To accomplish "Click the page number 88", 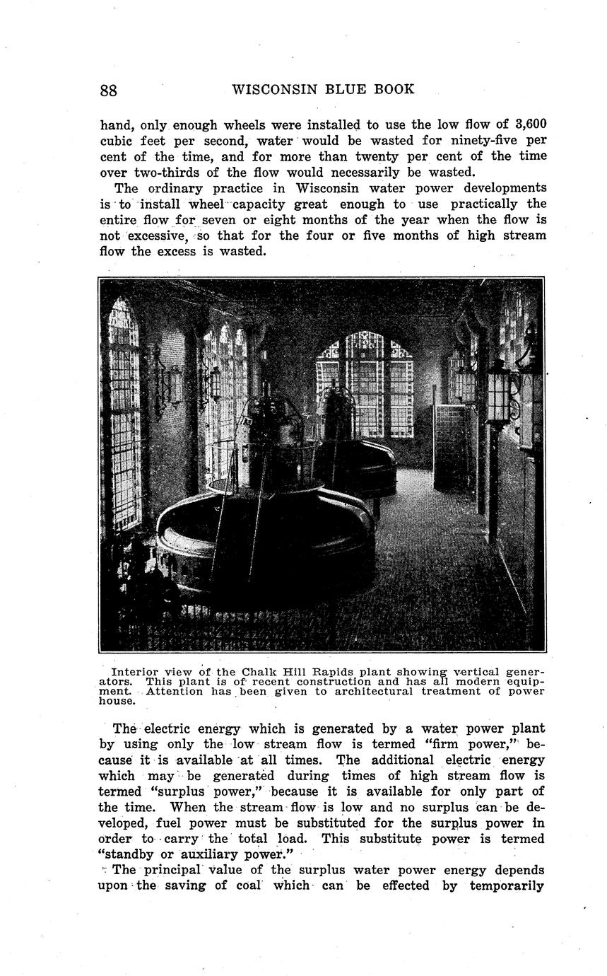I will [x=109, y=91].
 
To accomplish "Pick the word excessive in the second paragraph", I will [x=155, y=236].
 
